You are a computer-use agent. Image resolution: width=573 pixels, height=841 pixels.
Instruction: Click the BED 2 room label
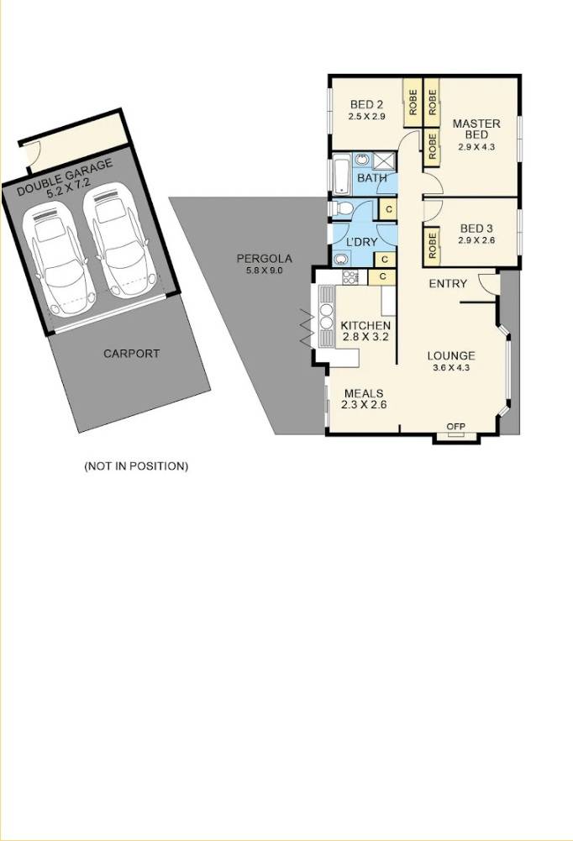pyautogui.click(x=366, y=105)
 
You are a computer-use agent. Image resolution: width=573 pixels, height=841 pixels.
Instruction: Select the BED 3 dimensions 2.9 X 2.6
pyautogui.click(x=476, y=240)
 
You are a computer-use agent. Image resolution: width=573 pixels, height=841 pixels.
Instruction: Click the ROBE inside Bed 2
pyautogui.click(x=413, y=102)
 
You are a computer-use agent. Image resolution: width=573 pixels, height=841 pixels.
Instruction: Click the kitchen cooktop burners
pyautogui.click(x=350, y=276)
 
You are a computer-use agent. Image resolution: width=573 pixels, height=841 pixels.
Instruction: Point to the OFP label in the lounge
pyautogui.click(x=456, y=427)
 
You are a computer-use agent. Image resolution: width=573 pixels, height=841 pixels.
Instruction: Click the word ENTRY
pyautogui.click(x=447, y=284)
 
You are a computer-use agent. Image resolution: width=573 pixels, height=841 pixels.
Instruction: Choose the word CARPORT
pyautogui.click(x=131, y=354)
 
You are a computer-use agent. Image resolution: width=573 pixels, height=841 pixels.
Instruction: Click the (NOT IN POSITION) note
pyautogui.click(x=136, y=465)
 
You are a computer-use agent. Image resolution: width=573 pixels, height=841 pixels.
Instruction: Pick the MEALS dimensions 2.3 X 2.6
pyautogui.click(x=363, y=405)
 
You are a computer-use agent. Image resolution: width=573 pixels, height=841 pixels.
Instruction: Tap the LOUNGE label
pyautogui.click(x=450, y=355)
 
